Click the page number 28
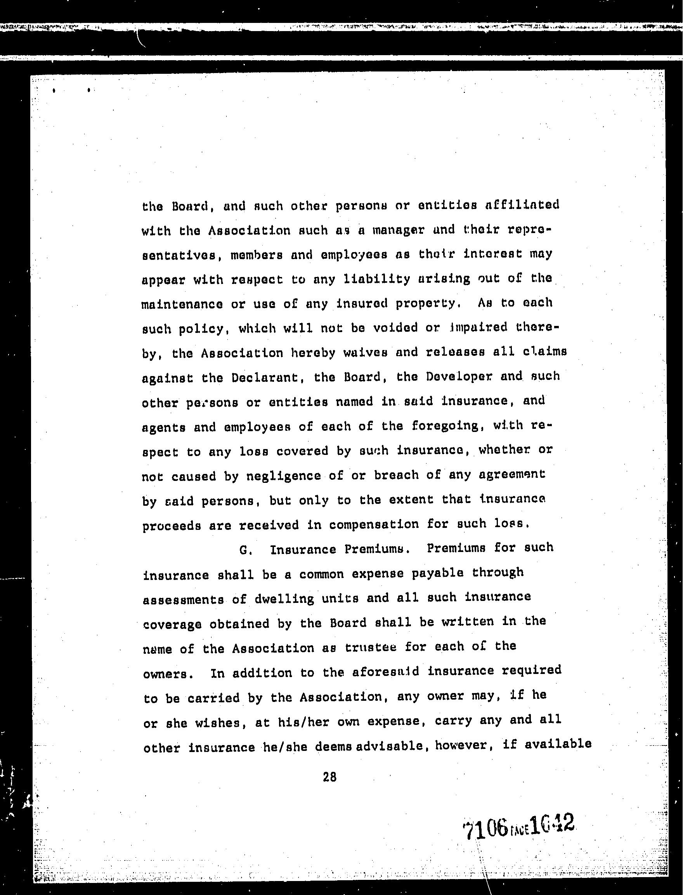(329, 777)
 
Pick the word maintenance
(182, 305)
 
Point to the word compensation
(374, 525)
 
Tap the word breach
(396, 475)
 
